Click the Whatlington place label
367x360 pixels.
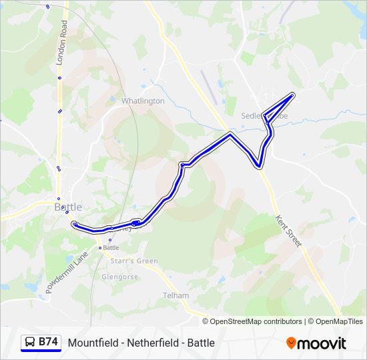point(143,101)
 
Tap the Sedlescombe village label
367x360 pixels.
point(257,115)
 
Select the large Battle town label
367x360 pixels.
point(67,207)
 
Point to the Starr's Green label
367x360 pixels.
point(134,261)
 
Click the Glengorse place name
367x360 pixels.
point(120,277)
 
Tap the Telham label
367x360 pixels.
point(176,295)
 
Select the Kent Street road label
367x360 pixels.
point(289,230)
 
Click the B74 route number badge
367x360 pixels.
point(48,342)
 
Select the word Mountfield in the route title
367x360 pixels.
point(90,343)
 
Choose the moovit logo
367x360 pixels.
point(316,343)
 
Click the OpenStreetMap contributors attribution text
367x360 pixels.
point(256,321)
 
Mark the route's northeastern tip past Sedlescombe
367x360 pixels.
point(292,95)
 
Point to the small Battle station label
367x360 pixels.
point(111,247)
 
